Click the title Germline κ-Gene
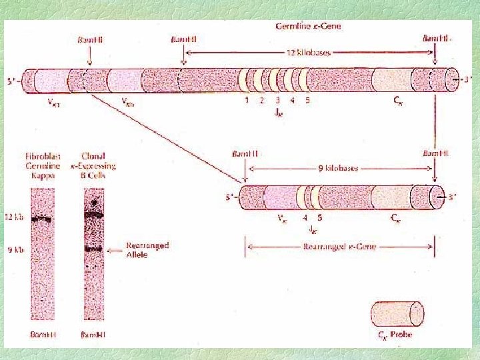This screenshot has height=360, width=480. pyautogui.click(x=309, y=27)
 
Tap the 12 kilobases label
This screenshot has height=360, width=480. pyautogui.click(x=308, y=52)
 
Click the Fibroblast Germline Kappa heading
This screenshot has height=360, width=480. pyautogui.click(x=41, y=165)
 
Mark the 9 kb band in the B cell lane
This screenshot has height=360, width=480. pyautogui.click(x=93, y=249)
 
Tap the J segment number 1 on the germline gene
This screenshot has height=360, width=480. pyautogui.click(x=247, y=101)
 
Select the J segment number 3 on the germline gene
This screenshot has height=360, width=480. pyautogui.click(x=277, y=101)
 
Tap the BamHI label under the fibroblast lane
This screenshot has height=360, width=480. pyautogui.click(x=42, y=334)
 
